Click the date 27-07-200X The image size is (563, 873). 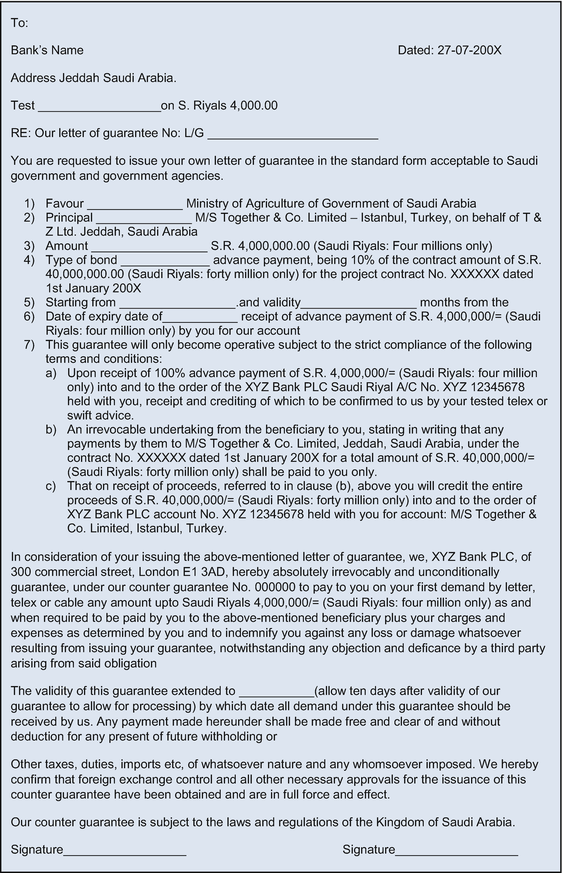coord(469,50)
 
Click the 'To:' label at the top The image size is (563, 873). coord(19,23)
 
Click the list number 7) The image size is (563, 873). coord(29,345)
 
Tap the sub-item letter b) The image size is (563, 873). coord(51,429)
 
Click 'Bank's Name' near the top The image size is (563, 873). coord(47,50)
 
